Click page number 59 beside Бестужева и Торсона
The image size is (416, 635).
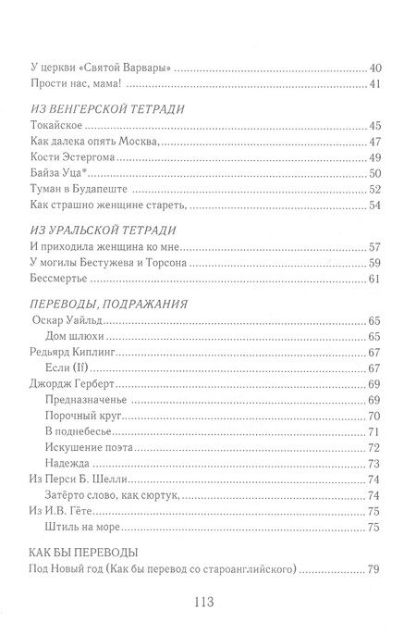tap(374, 263)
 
